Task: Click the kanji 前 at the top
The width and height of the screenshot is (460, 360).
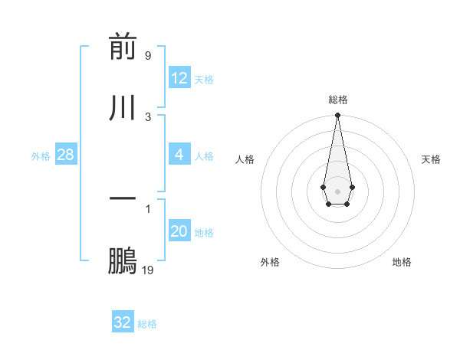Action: click(123, 48)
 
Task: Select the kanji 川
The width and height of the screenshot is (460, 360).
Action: click(123, 106)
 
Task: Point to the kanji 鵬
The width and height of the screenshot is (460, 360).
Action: click(123, 261)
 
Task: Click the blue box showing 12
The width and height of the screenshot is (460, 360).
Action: click(179, 78)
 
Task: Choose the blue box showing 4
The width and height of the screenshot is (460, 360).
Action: click(179, 155)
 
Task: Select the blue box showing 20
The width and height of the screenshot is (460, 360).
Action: click(179, 231)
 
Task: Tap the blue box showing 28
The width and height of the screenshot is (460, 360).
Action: click(66, 155)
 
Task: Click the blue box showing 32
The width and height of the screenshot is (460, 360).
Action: click(123, 322)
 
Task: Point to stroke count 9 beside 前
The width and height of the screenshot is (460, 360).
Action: click(148, 56)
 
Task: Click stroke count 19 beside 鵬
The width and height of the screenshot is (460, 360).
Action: click(148, 270)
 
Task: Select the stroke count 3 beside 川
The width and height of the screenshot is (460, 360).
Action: click(148, 116)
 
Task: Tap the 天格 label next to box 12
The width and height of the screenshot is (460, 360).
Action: click(204, 80)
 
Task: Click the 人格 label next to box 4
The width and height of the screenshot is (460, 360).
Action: click(204, 156)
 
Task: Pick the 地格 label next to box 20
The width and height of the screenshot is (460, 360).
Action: click(204, 233)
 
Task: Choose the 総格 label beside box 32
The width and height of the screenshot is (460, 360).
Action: click(147, 324)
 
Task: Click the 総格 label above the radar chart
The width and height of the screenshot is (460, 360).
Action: click(337, 100)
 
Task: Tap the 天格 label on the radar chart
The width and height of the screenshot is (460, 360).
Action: click(432, 159)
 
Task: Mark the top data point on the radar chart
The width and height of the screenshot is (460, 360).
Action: click(337, 116)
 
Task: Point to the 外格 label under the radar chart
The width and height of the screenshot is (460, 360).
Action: click(270, 262)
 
